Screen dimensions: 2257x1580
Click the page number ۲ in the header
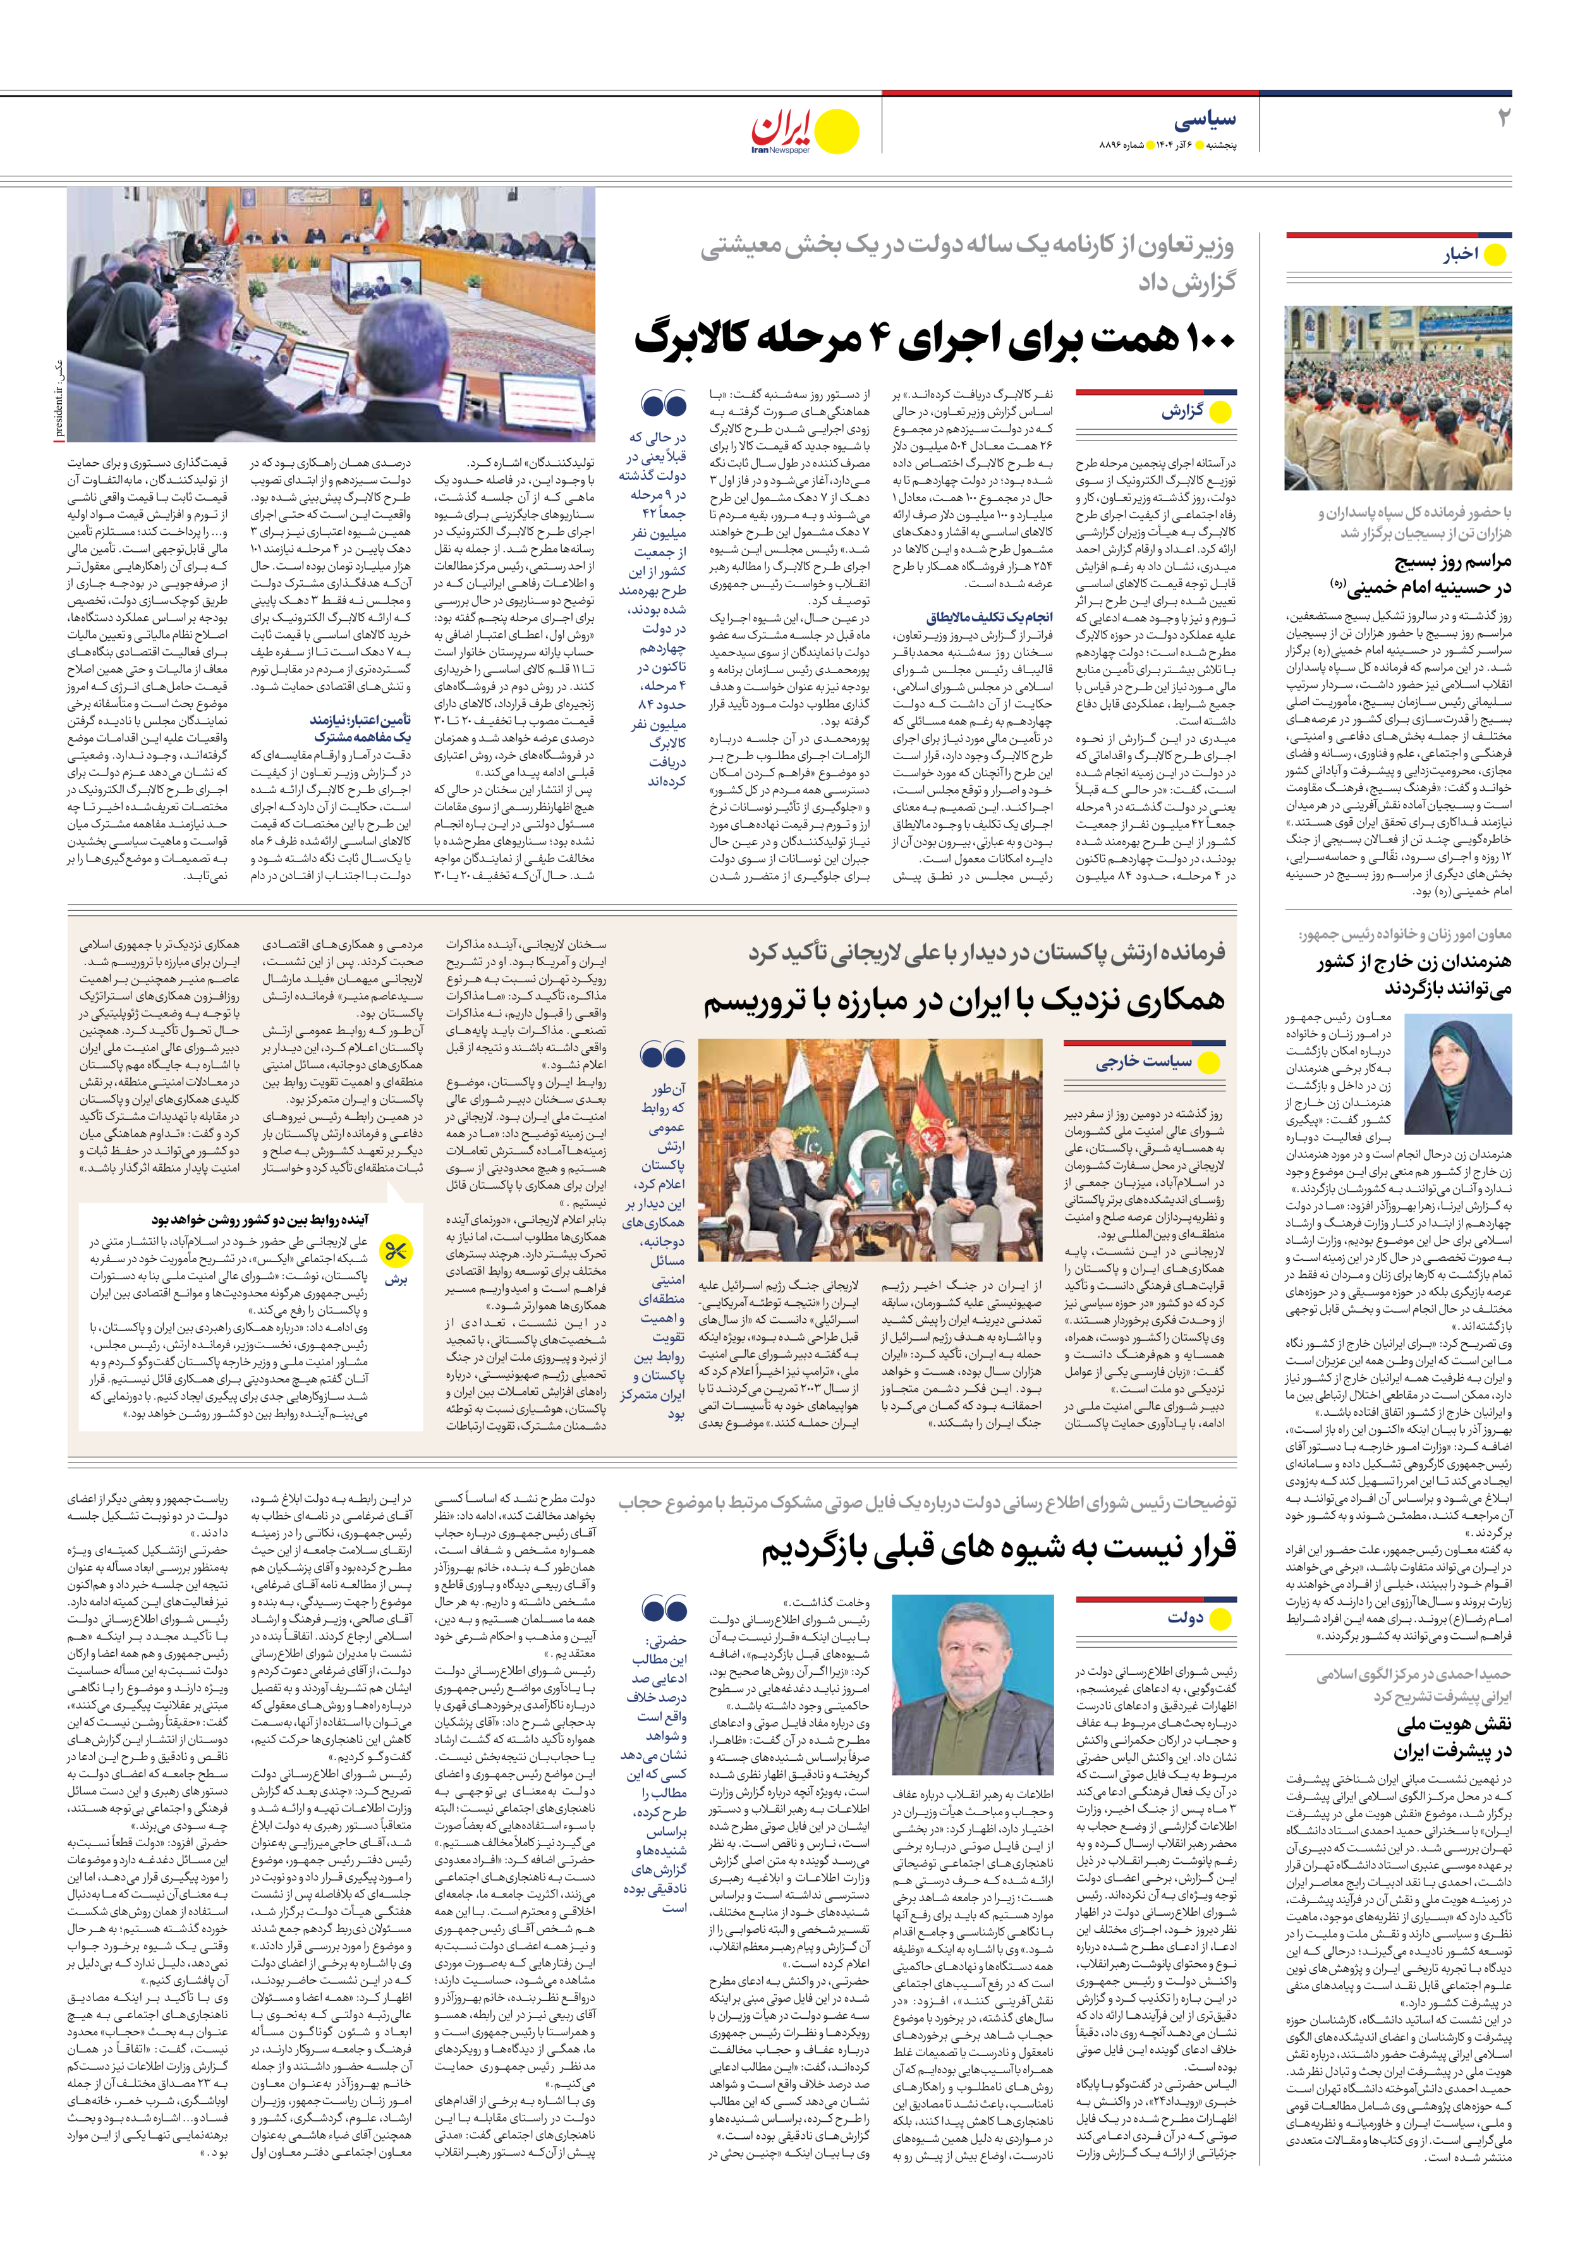(1502, 118)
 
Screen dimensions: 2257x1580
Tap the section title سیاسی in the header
(1205, 120)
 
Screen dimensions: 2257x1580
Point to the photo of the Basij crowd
(1397, 398)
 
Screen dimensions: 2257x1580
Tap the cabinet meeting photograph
(331, 315)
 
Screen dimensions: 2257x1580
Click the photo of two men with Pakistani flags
(869, 1150)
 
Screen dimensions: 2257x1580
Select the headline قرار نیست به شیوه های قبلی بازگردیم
(998, 1550)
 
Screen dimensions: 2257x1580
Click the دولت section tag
(1185, 1617)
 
